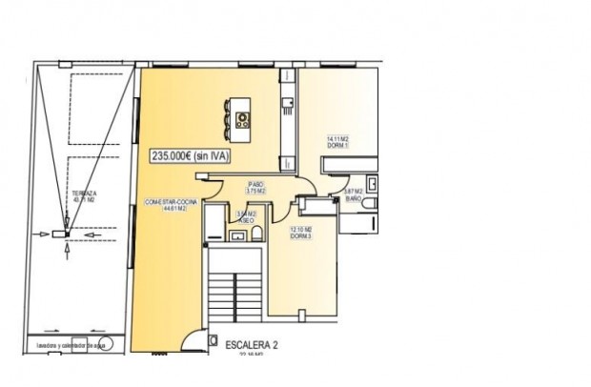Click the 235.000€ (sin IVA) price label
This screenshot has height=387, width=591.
coord(191,157)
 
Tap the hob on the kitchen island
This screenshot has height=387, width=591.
coord(241,120)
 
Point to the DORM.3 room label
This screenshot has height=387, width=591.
coord(301,235)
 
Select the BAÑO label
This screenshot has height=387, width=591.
coord(353,199)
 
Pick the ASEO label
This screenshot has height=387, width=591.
coord(246,220)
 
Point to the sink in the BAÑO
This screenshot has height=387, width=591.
coord(374,183)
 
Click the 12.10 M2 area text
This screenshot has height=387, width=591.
coord(301,229)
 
